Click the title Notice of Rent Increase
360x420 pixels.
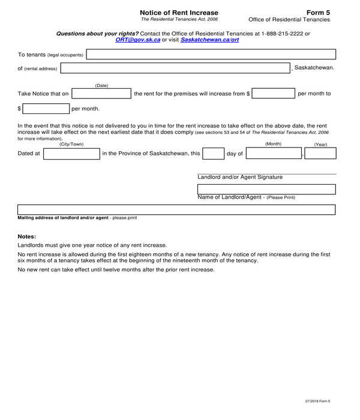point(179,13)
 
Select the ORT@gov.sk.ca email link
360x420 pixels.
point(137,40)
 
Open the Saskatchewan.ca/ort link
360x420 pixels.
point(209,40)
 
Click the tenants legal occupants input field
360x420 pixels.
point(211,55)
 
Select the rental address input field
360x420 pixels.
point(175,68)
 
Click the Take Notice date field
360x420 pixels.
point(101,94)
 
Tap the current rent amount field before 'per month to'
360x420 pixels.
point(274,94)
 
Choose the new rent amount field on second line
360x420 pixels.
point(46,109)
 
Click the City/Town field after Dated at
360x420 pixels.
point(72,154)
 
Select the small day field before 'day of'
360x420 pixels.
point(213,154)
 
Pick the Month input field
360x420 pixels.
point(274,154)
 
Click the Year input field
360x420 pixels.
point(325,154)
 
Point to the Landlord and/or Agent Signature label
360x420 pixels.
point(240,177)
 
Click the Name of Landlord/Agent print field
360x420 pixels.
point(266,189)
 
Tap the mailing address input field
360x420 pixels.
point(176,210)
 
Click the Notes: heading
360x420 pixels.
point(27,236)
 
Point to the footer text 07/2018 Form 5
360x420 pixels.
point(317,401)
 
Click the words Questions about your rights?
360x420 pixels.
point(97,34)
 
